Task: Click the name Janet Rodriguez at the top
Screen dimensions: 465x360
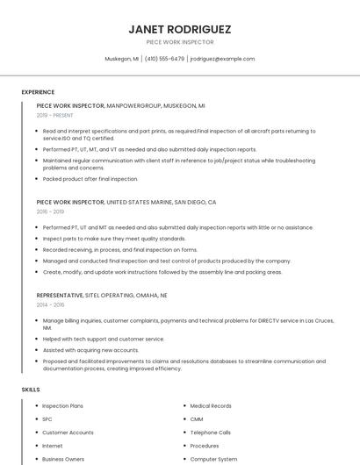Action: [x=179, y=28]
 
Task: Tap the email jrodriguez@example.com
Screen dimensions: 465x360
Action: [x=222, y=59]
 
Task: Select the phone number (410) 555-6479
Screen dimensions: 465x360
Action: [x=164, y=59]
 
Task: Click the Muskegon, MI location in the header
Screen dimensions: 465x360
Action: [x=122, y=59]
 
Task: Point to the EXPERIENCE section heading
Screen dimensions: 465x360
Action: [x=38, y=92]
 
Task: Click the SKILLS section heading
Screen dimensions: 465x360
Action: [x=31, y=389]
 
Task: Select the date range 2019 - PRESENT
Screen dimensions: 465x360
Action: [x=54, y=115]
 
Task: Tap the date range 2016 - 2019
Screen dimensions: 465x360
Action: [x=50, y=211]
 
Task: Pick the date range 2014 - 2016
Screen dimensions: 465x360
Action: [x=50, y=304]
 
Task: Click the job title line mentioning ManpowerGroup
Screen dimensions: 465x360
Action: [x=120, y=105]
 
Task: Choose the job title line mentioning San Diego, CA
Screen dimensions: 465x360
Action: [x=126, y=202]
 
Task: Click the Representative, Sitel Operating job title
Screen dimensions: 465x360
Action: [x=101, y=296]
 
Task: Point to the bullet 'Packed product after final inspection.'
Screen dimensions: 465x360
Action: [x=90, y=179]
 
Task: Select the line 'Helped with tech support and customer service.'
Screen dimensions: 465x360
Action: [x=103, y=339]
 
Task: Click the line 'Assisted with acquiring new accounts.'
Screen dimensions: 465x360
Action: [x=90, y=349]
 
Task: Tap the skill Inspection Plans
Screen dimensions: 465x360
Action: [x=62, y=406]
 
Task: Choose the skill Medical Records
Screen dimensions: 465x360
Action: [x=211, y=406]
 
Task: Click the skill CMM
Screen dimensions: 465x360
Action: [x=197, y=419]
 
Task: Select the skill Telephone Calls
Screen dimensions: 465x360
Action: [x=211, y=433]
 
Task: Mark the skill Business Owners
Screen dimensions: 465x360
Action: [x=63, y=459]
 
